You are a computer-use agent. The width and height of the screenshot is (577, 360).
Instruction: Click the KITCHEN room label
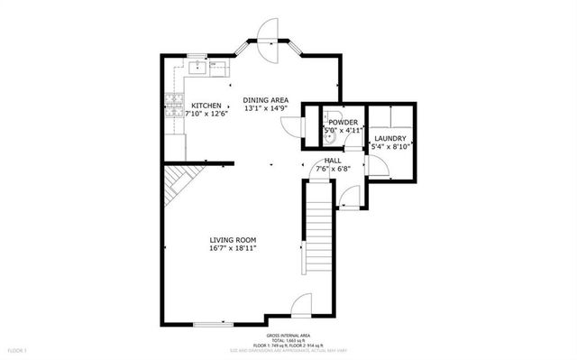[206, 105]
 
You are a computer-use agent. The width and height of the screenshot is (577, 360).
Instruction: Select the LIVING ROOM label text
[234, 239]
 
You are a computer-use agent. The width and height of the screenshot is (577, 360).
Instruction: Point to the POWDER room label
[343, 122]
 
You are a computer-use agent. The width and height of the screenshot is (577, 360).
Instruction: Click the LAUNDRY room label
[390, 138]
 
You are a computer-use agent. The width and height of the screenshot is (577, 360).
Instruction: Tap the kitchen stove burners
[172, 108]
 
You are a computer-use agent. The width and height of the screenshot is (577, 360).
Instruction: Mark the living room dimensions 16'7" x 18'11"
[234, 248]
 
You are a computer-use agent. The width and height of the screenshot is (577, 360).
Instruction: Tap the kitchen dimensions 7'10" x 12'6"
[206, 114]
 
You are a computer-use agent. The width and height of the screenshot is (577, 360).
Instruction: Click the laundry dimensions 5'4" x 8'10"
[390, 146]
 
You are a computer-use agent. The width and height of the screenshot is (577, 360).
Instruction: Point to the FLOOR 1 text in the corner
[18, 349]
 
